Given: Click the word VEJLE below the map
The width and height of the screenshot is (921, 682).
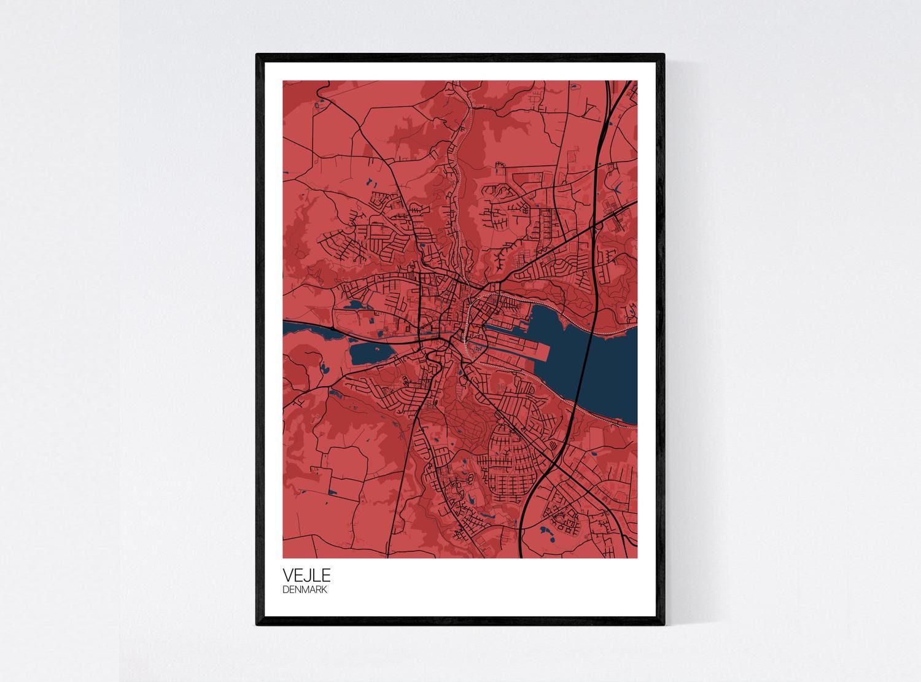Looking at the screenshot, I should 306,575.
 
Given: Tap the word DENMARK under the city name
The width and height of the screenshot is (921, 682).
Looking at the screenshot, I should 306,590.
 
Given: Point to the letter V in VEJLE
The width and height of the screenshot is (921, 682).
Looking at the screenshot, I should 288,575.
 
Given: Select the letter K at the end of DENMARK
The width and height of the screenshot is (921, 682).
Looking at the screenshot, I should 325,590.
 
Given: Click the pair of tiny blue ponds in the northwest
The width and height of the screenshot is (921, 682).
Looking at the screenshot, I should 371,182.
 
